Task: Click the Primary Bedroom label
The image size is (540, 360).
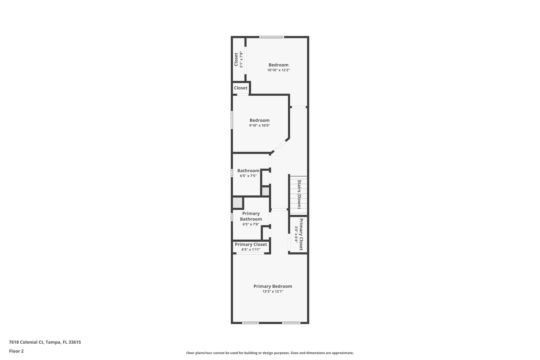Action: coord(273,286)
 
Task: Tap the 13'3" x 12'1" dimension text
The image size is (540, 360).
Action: coord(273,291)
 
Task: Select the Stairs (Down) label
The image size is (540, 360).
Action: coord(299,194)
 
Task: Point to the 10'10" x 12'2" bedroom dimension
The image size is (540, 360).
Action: coord(278,70)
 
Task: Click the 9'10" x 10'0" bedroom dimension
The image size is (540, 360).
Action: coord(259,126)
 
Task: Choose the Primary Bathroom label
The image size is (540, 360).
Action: coord(251,216)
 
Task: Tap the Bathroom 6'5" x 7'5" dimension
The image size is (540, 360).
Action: coord(248,176)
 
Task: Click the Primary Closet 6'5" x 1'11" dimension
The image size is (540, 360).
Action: coord(251,249)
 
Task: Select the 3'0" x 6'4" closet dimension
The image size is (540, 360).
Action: coord(296,234)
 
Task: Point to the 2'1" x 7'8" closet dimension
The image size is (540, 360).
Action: coord(241,59)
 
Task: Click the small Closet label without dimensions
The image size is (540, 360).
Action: coord(240,88)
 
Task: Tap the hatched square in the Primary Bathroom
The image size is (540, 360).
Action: coord(237,203)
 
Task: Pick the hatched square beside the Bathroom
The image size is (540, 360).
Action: coord(266,191)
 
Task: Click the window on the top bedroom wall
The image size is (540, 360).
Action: coord(272,37)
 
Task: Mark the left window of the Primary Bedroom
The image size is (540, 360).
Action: coord(250,323)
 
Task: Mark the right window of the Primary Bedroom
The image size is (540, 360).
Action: coord(291,323)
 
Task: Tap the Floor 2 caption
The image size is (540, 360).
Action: coord(16,351)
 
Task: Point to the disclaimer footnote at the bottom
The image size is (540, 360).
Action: coord(270,353)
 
